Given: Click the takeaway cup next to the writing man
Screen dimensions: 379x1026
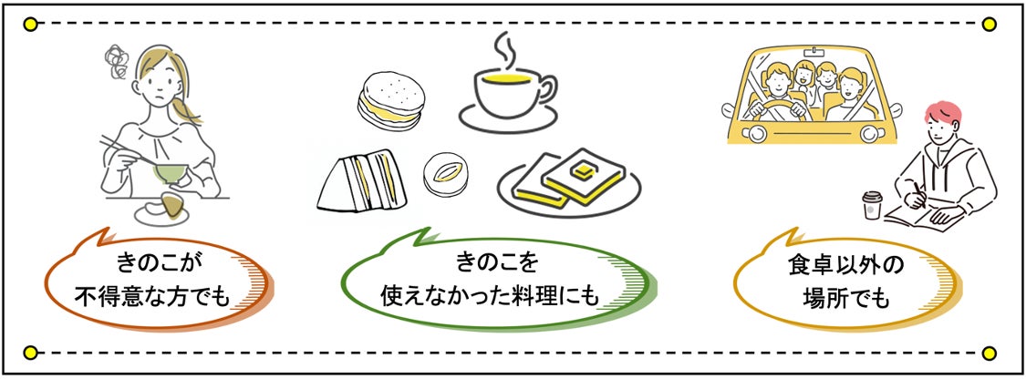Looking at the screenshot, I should (873, 205).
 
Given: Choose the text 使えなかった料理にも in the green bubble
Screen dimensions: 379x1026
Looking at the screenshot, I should (496, 297).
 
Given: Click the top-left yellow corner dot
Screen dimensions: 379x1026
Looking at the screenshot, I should (31, 25).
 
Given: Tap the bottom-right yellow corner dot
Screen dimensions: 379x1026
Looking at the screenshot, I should (990, 352).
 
